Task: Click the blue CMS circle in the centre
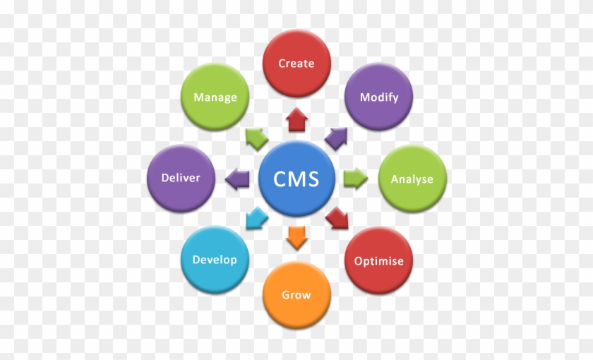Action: (296, 178)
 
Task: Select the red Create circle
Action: (296, 64)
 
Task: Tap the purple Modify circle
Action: (379, 97)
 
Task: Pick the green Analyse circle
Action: (412, 179)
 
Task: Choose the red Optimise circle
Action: (379, 260)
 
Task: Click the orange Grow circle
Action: (296, 294)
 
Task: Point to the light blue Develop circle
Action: (215, 260)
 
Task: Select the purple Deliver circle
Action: (181, 178)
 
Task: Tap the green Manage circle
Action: (215, 97)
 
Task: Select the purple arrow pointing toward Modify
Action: (337, 137)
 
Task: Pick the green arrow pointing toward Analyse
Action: (355, 179)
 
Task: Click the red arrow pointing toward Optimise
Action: (337, 220)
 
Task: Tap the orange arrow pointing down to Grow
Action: (296, 237)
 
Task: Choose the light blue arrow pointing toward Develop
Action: (256, 220)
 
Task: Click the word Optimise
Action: (379, 261)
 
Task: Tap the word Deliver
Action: (181, 178)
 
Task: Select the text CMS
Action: (296, 179)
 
